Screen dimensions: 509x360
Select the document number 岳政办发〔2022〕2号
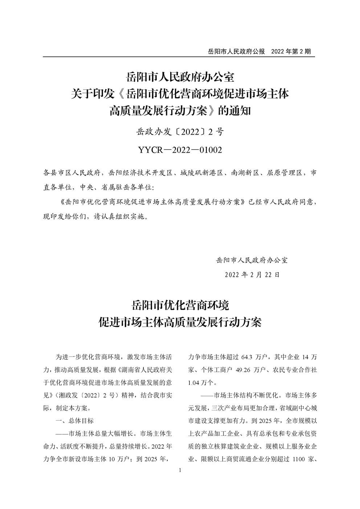[x=180, y=132]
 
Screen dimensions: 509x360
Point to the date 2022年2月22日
[x=252, y=275]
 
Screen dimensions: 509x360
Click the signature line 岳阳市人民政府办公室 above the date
[x=252, y=260]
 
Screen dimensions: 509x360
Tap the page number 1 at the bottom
[x=180, y=471]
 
